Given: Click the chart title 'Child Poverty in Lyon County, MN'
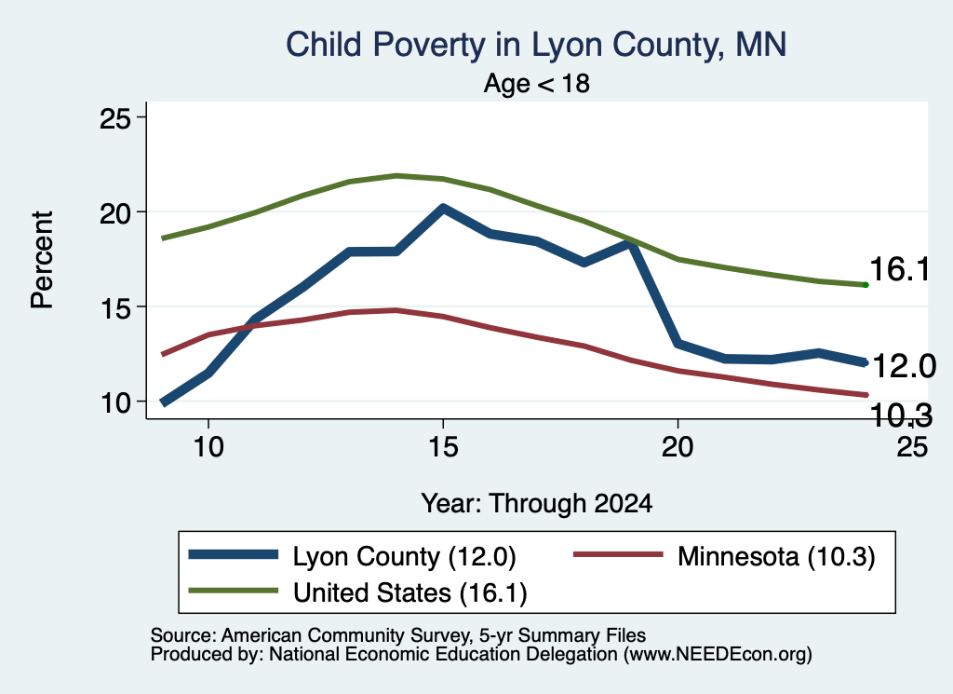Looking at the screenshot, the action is coord(536,45).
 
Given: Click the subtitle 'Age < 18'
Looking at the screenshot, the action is coord(537,83).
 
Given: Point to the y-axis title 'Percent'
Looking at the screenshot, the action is coord(43,260).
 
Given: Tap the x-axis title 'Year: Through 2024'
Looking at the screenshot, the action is coord(537,504).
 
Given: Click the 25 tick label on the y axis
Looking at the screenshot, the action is coord(115,118).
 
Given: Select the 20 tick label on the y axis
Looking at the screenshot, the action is coord(115,213).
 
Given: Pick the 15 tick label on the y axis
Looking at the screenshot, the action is coord(115,307).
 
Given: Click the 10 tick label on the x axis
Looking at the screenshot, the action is coord(208,447).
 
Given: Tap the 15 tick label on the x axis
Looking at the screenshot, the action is coord(443,447).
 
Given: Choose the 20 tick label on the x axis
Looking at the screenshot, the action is coord(678,447).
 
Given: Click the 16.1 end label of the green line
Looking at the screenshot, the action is coord(900,269).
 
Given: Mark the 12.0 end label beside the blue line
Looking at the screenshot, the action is coord(904,366).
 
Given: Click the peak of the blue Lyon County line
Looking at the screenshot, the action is coord(443,208).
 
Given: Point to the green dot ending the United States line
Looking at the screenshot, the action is coord(866,285).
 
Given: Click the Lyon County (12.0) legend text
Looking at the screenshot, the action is coord(404,556).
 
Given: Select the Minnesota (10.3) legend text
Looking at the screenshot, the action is coord(776,556).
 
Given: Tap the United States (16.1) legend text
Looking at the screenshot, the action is coord(410,593).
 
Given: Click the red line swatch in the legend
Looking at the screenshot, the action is coord(618,554).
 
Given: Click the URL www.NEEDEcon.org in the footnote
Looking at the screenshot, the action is coord(717,655).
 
